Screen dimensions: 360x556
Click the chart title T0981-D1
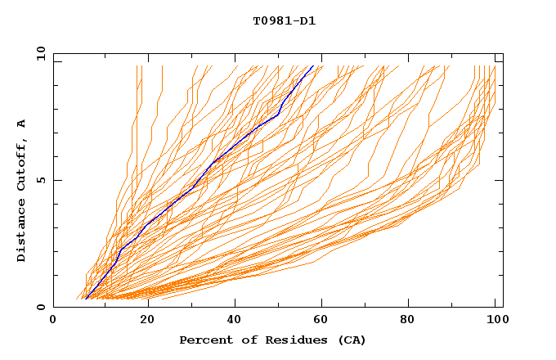click(284, 21)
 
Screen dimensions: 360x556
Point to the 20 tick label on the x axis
click(148, 322)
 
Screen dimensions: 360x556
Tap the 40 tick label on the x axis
click(236, 322)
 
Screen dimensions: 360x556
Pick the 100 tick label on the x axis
click(495, 322)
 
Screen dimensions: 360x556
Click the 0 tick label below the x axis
click(53, 322)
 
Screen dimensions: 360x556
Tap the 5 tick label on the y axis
click(40, 180)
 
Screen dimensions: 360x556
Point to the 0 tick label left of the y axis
click(40, 307)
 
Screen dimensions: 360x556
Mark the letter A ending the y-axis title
click(22, 124)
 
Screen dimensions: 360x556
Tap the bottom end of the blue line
click(86, 299)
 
